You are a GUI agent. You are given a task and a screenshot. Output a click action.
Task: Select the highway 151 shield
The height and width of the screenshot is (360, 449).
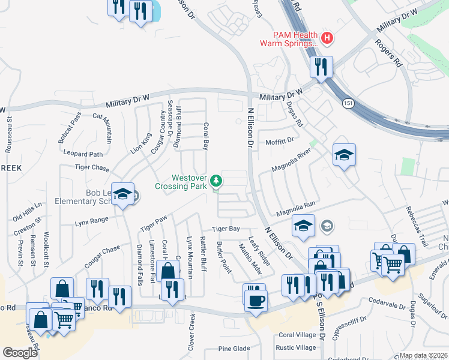pyautogui.click(x=348, y=104)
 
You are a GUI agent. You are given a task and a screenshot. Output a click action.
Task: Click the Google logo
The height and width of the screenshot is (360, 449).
pyautogui.click(x=20, y=352)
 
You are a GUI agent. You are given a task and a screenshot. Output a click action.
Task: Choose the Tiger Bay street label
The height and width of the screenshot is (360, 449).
pyautogui.click(x=226, y=229)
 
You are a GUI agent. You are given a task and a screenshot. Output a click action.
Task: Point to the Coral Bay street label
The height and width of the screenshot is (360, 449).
pyautogui.click(x=206, y=136)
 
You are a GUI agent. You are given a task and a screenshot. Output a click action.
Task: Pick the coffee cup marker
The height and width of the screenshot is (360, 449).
pyautogui.click(x=255, y=298)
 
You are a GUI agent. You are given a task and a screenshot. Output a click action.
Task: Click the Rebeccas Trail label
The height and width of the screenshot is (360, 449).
pyautogui.click(x=416, y=229)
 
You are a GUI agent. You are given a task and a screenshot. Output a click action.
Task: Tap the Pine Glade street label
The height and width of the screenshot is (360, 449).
pyautogui.click(x=234, y=349)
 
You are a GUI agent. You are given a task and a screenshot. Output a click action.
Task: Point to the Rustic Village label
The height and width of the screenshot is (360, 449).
pyautogui.click(x=295, y=347)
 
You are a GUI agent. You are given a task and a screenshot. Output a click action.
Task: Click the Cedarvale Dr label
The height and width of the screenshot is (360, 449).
pyautogui.click(x=387, y=300)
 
